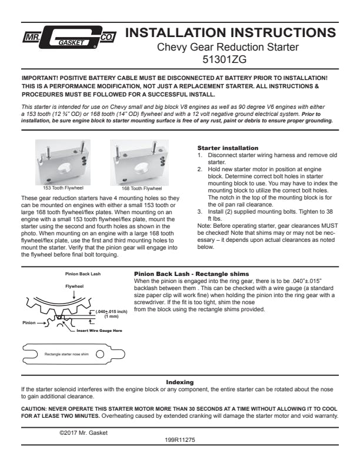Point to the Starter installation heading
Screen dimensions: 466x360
pyautogui.click(x=228, y=147)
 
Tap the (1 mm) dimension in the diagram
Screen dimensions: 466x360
pyautogui.click(x=111, y=316)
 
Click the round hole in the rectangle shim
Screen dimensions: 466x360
pyautogui.click(x=99, y=354)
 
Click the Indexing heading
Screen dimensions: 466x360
pyautogui.click(x=179, y=382)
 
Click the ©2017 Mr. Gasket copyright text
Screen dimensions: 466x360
pyautogui.click(x=84, y=432)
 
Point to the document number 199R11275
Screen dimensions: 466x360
pyautogui.click(x=180, y=439)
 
